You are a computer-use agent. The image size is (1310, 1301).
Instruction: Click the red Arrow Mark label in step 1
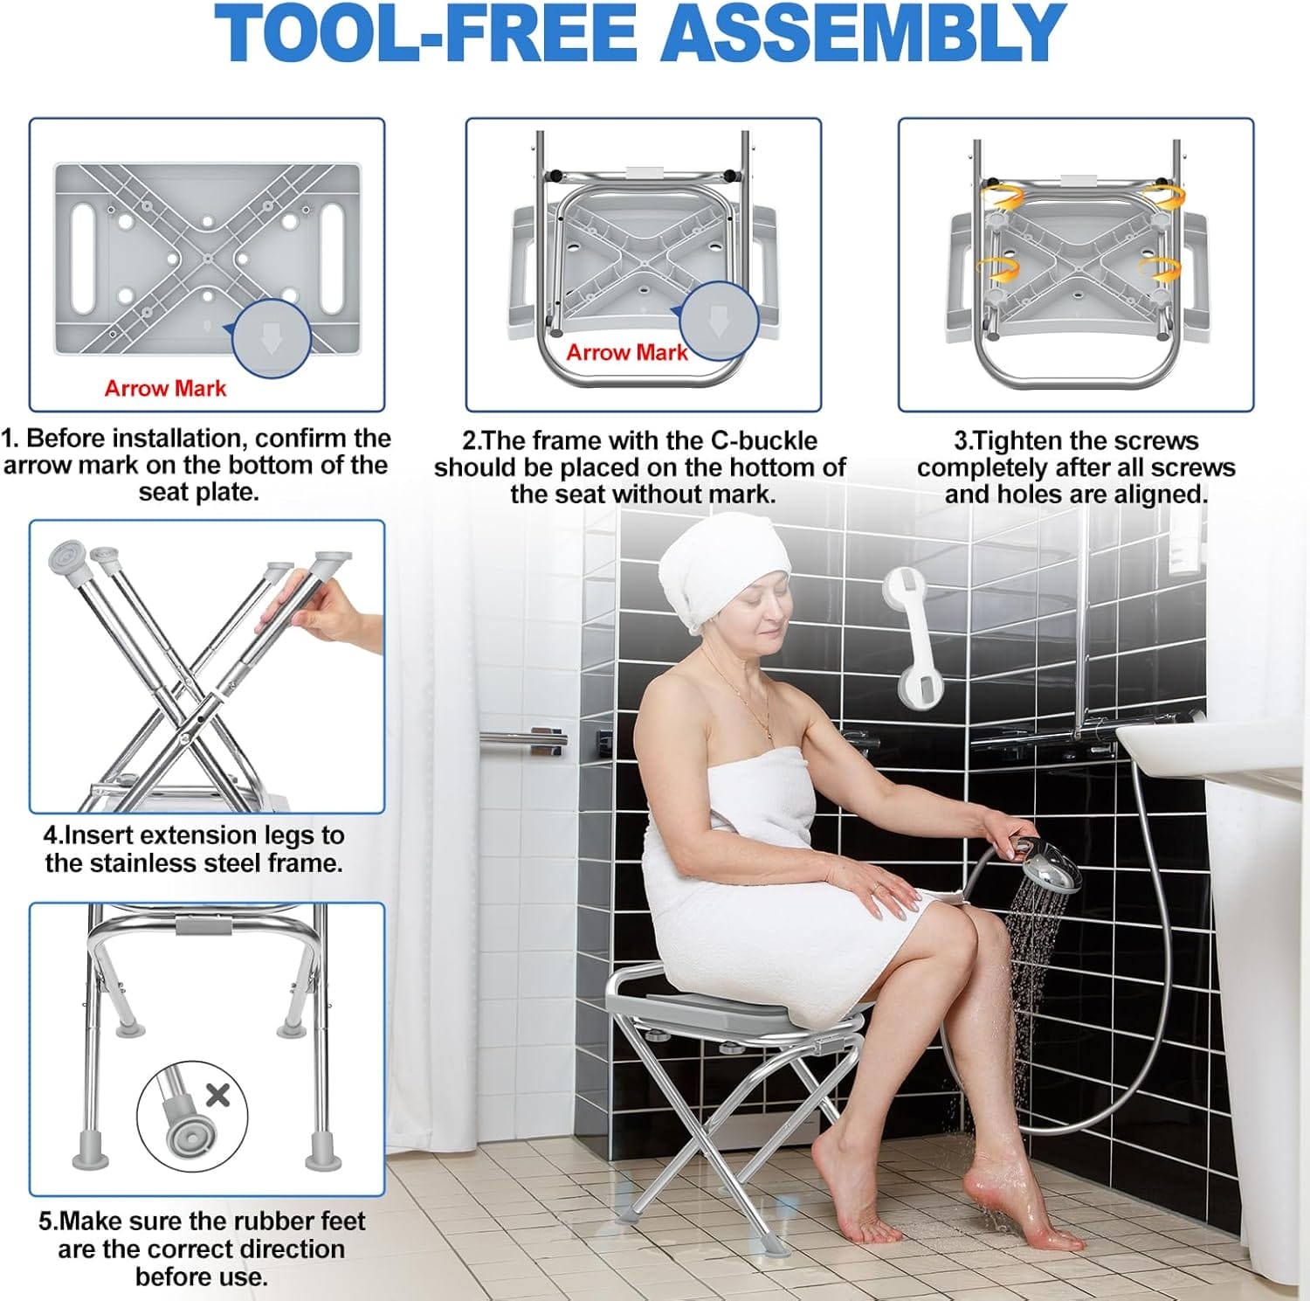click(x=165, y=389)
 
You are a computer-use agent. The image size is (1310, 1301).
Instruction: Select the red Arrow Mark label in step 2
click(x=627, y=353)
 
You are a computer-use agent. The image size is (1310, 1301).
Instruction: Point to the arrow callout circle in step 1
click(x=272, y=339)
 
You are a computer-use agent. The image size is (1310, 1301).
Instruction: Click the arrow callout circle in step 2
click(x=719, y=321)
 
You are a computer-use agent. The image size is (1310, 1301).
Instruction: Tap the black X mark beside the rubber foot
click(x=217, y=1094)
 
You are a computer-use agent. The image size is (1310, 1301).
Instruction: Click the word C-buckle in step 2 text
click(x=763, y=441)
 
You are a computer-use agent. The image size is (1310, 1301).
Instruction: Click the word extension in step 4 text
click(x=192, y=836)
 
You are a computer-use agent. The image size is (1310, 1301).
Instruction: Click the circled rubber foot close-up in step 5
click(x=191, y=1115)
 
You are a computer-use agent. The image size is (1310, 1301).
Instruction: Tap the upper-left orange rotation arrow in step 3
click(x=1002, y=195)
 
